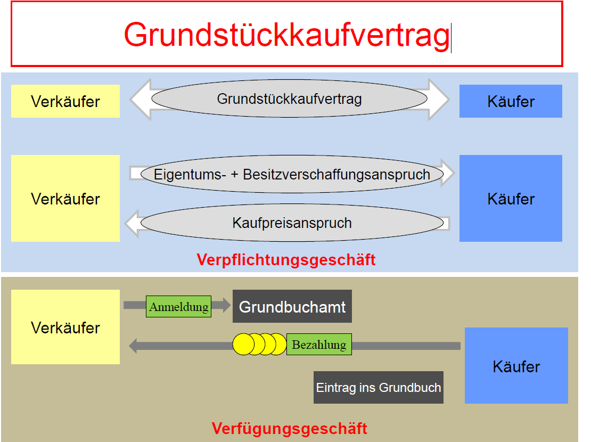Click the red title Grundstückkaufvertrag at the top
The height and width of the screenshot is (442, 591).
(286, 35)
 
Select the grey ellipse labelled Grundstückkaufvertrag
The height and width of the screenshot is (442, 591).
(289, 99)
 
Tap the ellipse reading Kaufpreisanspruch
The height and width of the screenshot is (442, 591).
(292, 223)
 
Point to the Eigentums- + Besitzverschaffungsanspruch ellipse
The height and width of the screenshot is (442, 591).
(292, 174)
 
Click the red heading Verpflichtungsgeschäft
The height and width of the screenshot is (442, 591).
(286, 260)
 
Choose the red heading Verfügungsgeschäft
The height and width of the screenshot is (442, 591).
(289, 428)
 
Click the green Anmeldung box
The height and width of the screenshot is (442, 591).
(178, 307)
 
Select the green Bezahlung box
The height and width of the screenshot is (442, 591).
(319, 345)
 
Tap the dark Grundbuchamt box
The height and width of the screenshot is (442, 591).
(292, 306)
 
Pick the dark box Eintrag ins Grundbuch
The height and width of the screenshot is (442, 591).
(378, 387)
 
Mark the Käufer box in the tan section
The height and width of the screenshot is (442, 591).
(516, 366)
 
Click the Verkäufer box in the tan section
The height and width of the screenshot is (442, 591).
(65, 327)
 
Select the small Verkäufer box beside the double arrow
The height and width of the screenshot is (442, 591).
(65, 101)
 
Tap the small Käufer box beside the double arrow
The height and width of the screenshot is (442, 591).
(511, 101)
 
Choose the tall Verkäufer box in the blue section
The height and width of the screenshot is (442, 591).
(65, 199)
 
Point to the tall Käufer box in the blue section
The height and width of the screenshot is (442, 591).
(511, 199)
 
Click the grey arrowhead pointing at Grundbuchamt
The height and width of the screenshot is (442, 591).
(226, 305)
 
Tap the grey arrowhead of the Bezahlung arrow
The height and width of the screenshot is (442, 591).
(134, 346)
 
